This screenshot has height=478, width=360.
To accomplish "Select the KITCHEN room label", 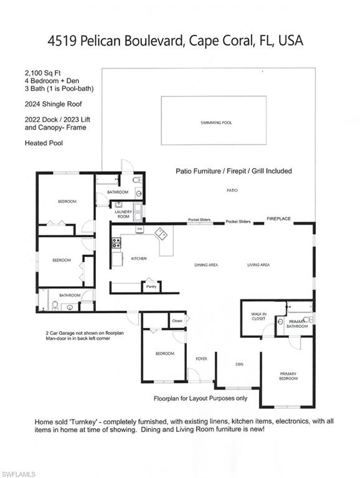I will point(138,258).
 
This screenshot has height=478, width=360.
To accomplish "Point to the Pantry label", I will point(151,287).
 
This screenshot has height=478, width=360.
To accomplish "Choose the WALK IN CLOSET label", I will point(258,317).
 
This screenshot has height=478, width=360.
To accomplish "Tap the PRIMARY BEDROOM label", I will point(288,376).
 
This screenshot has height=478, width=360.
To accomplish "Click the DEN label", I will point(239,364).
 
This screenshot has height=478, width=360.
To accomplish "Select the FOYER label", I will point(201,358).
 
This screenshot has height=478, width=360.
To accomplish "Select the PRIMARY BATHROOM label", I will point(297,324).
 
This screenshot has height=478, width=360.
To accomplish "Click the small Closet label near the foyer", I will point(177,321).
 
